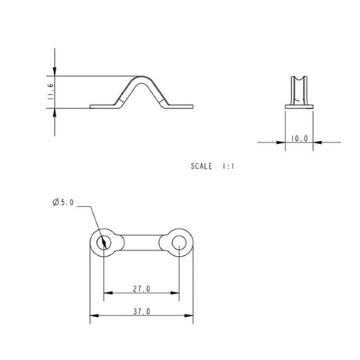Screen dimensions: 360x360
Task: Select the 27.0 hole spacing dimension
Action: (142, 290)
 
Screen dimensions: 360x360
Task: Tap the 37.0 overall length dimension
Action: (142, 312)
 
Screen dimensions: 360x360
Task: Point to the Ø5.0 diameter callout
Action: (62, 203)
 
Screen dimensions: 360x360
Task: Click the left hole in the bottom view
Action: (103, 243)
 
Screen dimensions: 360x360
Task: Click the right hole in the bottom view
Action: (179, 243)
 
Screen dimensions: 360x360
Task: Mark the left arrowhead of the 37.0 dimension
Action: (94, 316)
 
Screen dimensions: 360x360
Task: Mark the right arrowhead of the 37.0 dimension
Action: (190, 316)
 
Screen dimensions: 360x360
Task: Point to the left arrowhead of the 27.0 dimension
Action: (106, 293)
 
